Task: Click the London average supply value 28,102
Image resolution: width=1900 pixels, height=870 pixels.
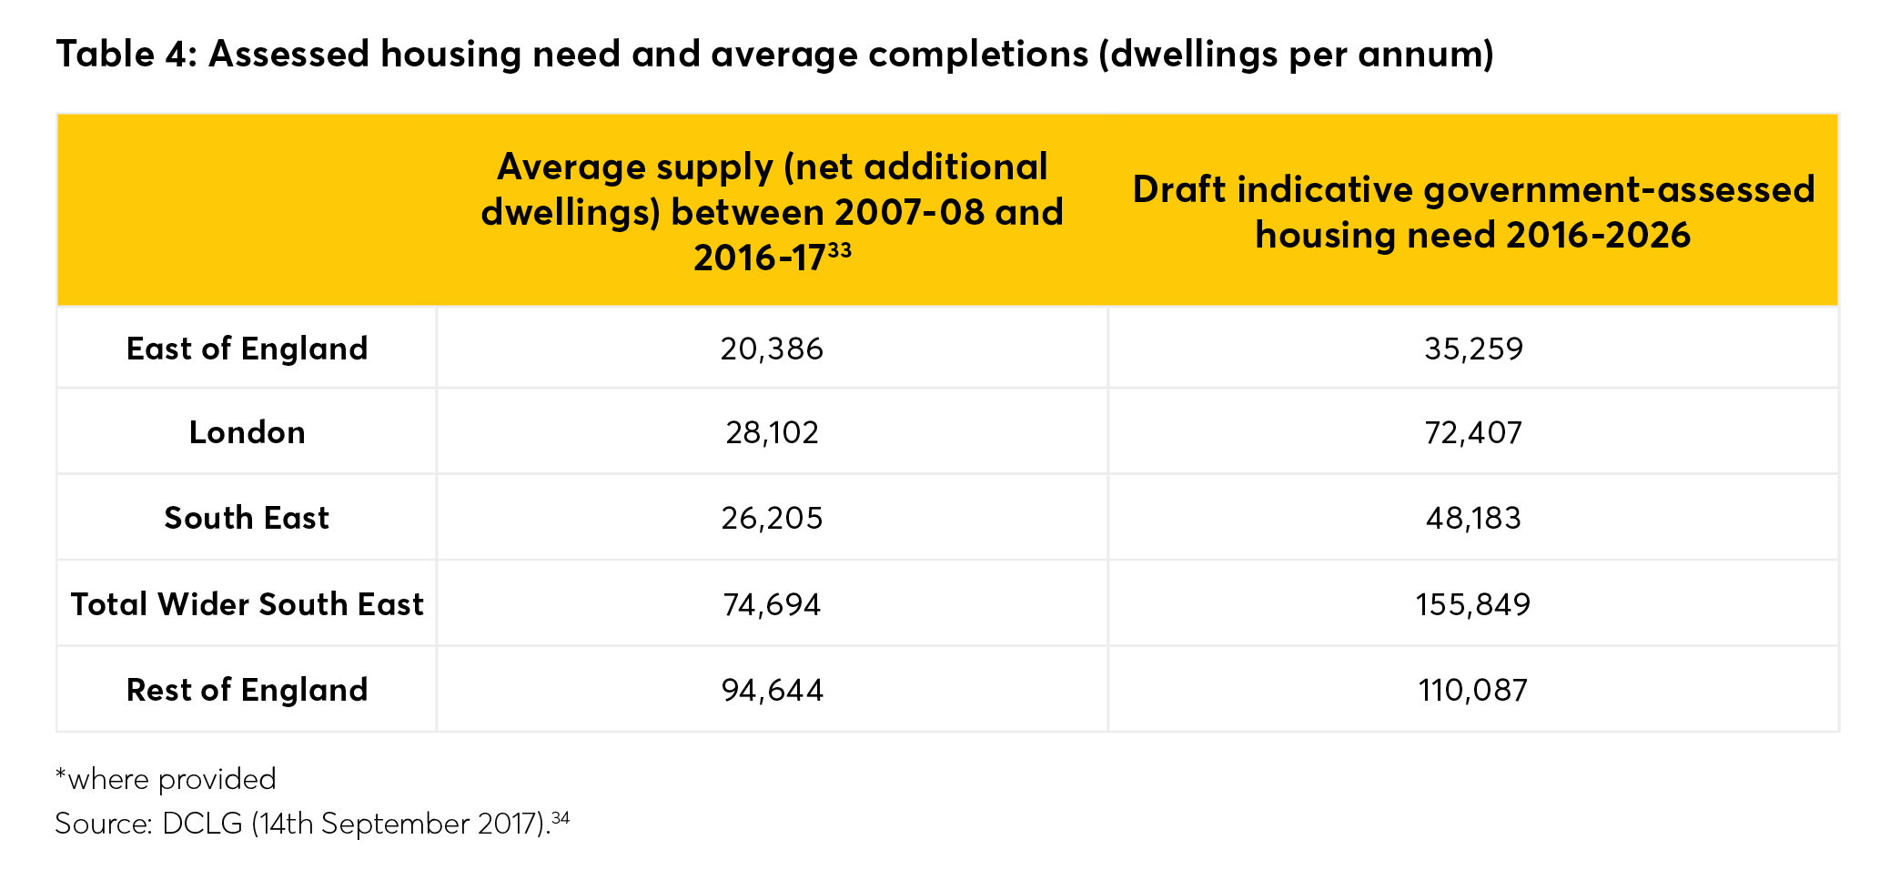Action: point(772,432)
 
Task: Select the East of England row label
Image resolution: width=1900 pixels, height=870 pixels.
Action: point(247,349)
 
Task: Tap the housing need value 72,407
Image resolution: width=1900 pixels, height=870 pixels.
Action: point(1472,432)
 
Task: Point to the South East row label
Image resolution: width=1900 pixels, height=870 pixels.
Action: point(247,518)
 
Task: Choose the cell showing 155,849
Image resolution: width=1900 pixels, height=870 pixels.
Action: point(1472,604)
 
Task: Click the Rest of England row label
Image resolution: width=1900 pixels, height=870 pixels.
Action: point(247,690)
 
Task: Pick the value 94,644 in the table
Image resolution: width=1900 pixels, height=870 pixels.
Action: point(772,690)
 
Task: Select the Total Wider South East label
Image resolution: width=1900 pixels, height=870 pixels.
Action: point(247,604)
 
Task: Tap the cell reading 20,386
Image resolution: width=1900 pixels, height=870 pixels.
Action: point(772,349)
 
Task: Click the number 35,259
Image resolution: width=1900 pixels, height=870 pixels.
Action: point(1472,349)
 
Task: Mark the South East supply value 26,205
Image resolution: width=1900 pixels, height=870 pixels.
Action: point(772,518)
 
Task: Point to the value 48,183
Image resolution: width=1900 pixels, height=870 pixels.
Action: point(1472,518)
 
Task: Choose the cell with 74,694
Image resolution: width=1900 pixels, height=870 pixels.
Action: point(772,604)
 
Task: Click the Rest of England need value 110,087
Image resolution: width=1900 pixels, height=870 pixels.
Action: point(1472,690)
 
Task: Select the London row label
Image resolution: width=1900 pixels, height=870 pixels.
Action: point(247,432)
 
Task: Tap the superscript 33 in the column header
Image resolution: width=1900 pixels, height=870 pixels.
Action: point(840,248)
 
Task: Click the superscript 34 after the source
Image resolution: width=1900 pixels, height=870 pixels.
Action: point(561,817)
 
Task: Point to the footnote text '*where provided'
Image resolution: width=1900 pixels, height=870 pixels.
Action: point(166,779)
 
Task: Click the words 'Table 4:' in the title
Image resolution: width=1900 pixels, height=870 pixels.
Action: point(126,55)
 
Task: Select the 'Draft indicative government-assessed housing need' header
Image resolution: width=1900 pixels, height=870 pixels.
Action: point(1472,212)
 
